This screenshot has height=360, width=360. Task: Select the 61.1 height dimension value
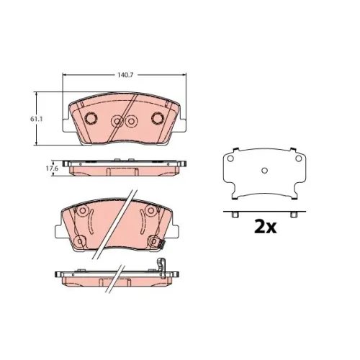pos(37,119)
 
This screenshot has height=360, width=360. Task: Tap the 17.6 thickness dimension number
pos(52,168)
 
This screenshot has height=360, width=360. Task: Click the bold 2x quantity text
pos(265,228)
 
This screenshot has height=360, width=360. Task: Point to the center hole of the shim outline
pos(264,171)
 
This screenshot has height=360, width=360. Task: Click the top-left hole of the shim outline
pos(230,158)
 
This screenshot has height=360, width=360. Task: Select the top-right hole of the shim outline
pos(298,158)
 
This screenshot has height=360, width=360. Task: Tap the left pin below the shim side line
pos(235,215)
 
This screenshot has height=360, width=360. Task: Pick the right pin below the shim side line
pos(293,215)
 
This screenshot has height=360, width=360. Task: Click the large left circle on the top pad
pos(91,118)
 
